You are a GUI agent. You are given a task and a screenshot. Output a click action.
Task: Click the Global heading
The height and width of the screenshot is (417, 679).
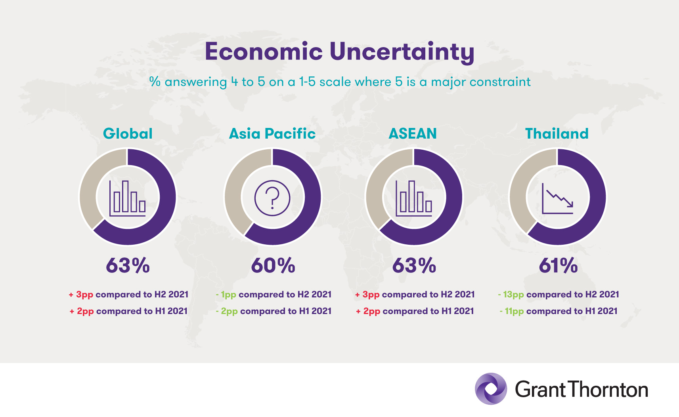click(x=128, y=134)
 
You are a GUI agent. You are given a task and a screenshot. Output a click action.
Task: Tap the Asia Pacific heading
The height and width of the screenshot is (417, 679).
click(x=272, y=134)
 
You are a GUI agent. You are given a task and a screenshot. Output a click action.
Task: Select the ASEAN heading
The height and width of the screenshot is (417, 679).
click(x=413, y=134)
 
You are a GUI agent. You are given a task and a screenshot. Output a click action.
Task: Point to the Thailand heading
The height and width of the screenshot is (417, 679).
click(x=557, y=134)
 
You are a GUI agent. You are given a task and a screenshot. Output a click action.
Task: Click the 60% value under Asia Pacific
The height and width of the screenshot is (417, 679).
click(x=273, y=265)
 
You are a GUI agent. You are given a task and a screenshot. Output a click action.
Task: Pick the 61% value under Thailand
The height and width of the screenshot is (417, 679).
click(x=558, y=265)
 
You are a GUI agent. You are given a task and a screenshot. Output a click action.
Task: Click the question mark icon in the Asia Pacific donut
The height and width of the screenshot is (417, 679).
click(x=272, y=198)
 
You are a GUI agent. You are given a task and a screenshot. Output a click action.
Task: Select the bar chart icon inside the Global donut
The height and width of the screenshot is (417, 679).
click(x=128, y=198)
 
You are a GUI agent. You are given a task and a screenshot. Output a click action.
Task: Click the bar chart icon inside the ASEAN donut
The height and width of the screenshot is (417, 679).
click(x=414, y=198)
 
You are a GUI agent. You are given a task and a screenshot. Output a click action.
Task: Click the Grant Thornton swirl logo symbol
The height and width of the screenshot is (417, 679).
click(x=491, y=389)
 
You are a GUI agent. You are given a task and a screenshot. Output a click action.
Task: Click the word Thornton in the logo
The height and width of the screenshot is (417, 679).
click(x=609, y=390)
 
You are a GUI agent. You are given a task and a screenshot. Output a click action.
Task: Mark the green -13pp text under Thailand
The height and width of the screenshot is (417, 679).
click(x=512, y=295)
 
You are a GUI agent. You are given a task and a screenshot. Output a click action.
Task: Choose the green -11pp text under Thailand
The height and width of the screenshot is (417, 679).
click(x=513, y=311)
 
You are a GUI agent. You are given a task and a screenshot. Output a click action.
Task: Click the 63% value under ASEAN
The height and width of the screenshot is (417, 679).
click(x=414, y=265)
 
